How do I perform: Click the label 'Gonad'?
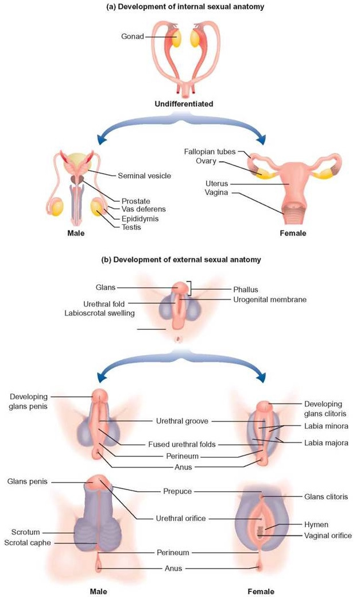(x=132, y=36)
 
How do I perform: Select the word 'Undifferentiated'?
(x=183, y=105)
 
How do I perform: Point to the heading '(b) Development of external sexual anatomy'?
(x=183, y=260)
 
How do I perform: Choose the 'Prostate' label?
(x=136, y=202)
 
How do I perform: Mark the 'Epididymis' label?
(x=140, y=219)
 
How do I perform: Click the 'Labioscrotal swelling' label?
(x=101, y=313)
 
